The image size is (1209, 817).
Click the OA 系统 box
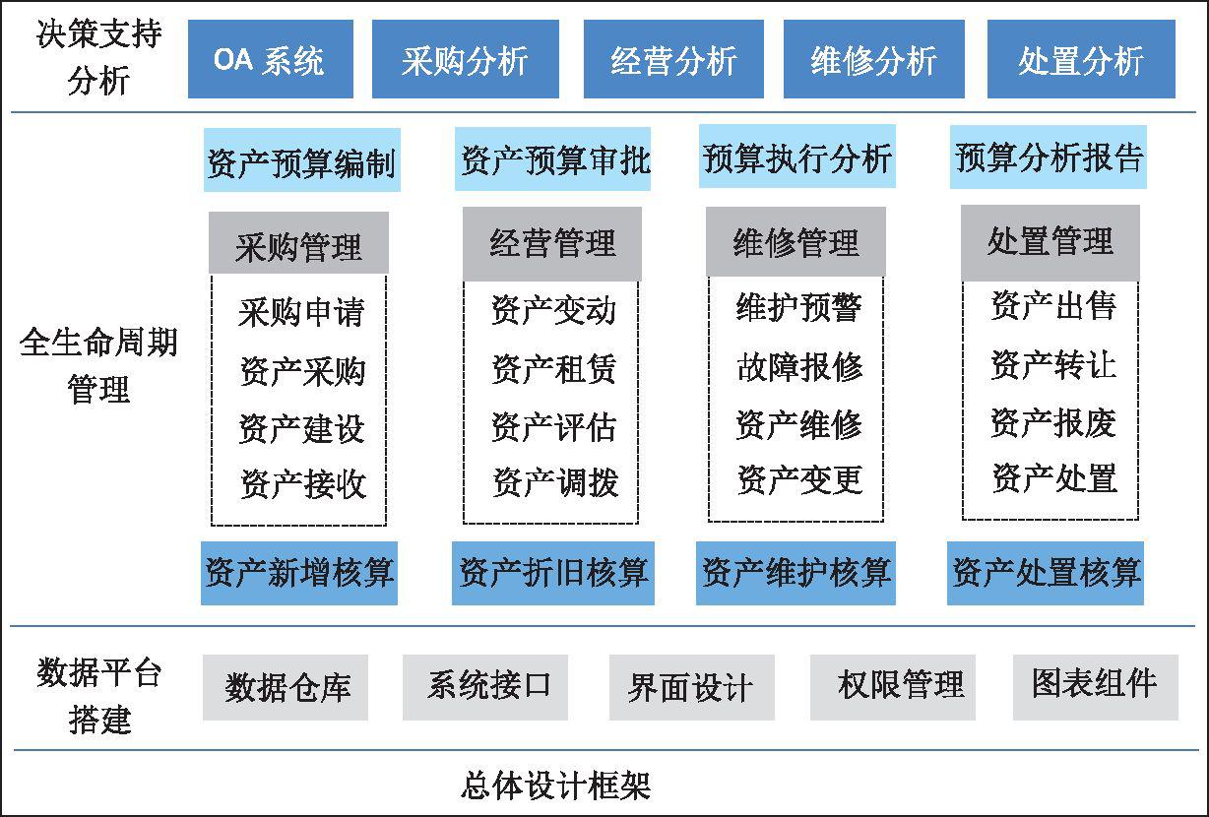point(271,59)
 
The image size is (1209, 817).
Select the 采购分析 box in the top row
point(466,59)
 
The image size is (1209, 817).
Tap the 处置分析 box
point(1081,59)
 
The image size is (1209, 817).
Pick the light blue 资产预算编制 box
point(301,159)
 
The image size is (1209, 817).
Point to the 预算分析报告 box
point(1049,157)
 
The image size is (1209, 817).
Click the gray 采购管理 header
point(298,243)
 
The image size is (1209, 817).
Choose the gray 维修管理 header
point(795,241)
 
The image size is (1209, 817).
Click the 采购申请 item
point(301,312)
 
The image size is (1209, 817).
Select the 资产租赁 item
point(553,369)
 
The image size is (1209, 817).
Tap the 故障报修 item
point(799,367)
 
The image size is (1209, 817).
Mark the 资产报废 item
point(1053,422)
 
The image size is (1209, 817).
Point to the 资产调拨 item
point(555,482)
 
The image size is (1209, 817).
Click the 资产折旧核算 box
point(553,573)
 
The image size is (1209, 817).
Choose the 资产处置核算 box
point(1046,573)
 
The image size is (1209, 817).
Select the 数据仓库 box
point(286,687)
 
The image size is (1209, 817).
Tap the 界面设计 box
point(692,687)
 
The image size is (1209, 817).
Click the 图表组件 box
point(1096,687)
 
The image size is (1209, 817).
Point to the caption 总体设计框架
point(556,786)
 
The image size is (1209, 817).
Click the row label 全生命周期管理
point(98,365)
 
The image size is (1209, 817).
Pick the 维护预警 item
point(798,307)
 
